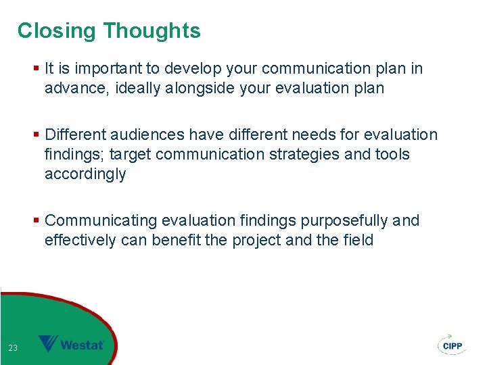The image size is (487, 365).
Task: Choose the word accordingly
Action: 85,174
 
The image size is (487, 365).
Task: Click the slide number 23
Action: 13,348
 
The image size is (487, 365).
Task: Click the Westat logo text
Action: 82,345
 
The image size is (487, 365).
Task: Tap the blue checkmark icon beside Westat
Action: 48,344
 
